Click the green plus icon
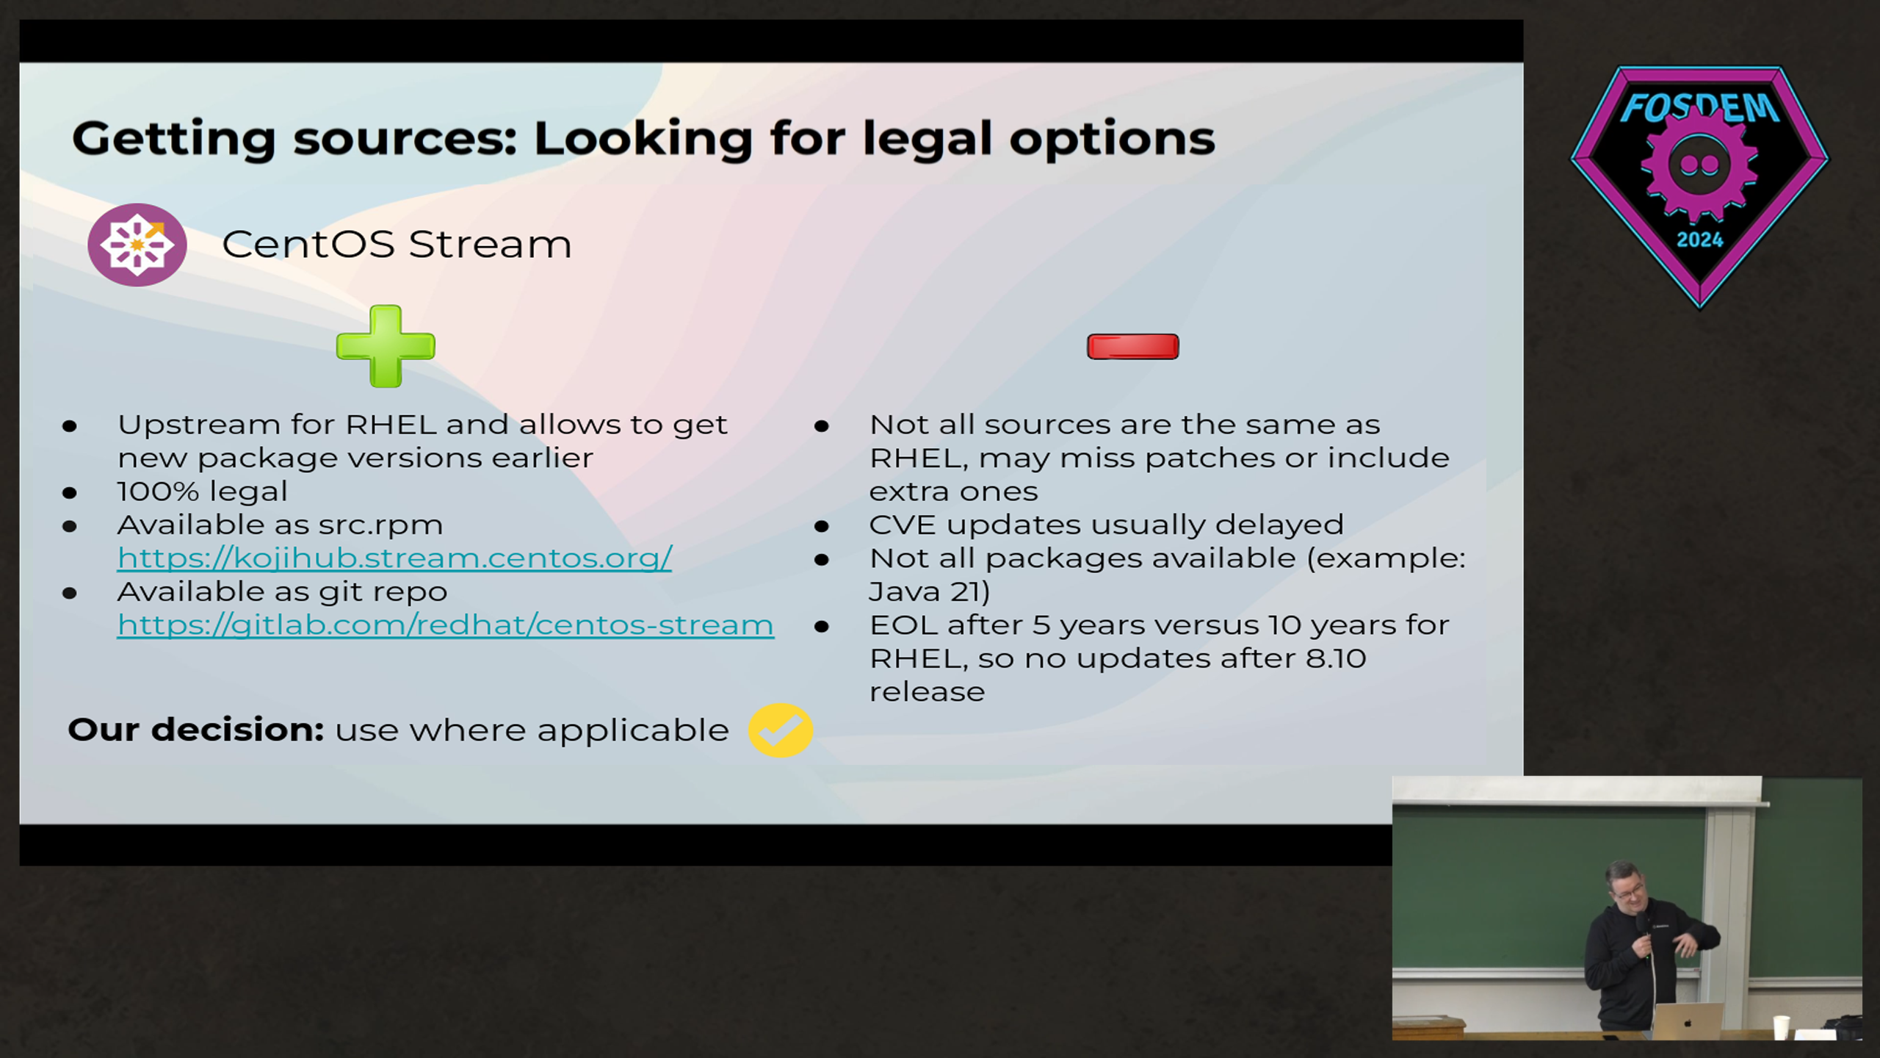(x=386, y=346)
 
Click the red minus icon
(x=1132, y=346)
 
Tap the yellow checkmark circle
(x=780, y=730)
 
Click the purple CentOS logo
(x=137, y=245)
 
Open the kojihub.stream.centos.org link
(x=394, y=558)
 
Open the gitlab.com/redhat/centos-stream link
(x=446, y=625)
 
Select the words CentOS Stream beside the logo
(x=397, y=244)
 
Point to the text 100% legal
(x=202, y=491)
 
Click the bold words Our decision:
(x=196, y=730)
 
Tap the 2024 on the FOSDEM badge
(x=1699, y=240)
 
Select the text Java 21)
(x=930, y=591)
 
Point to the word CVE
(x=903, y=525)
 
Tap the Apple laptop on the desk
(x=1688, y=1021)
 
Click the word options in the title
(x=1112, y=140)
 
